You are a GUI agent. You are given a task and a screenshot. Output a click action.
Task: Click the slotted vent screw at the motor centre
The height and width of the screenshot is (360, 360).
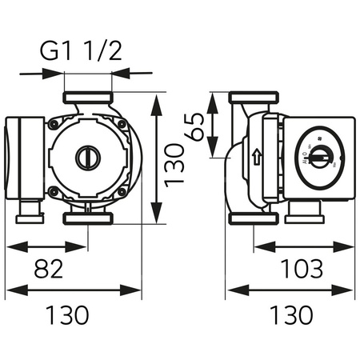pyautogui.click(x=86, y=158)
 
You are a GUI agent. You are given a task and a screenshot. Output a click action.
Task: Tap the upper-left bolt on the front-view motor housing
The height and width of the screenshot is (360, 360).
pyautogui.click(x=54, y=125)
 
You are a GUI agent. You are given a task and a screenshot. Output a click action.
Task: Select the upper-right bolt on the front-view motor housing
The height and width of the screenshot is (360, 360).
pyautogui.click(x=121, y=125)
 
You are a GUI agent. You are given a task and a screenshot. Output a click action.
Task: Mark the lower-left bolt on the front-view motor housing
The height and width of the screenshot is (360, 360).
pyautogui.click(x=54, y=191)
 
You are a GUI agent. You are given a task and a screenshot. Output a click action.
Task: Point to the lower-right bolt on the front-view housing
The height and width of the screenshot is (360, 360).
pyautogui.click(x=121, y=191)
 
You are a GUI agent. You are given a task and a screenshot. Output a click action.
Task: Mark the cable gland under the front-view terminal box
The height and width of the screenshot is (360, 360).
pyautogui.click(x=28, y=212)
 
